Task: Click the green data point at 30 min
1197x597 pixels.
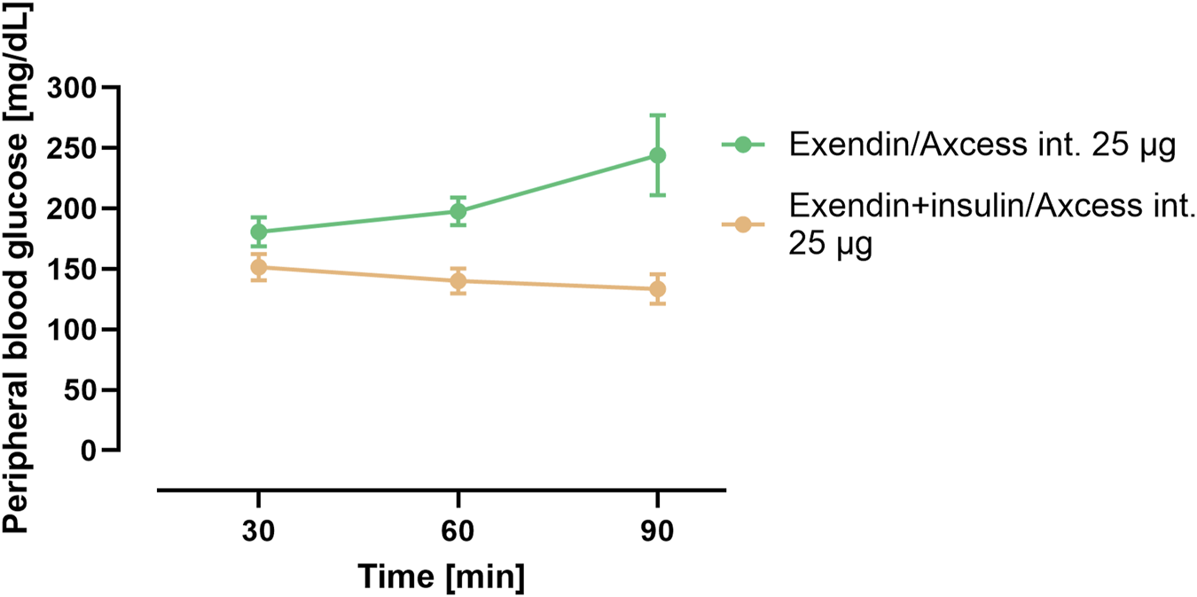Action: click(259, 232)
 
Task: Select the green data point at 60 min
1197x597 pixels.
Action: click(458, 211)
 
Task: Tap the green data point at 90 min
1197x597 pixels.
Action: click(657, 155)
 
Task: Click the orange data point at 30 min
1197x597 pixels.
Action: click(259, 267)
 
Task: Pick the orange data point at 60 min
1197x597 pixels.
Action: click(458, 281)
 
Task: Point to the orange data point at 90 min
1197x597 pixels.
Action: click(657, 288)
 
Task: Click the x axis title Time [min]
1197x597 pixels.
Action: click(441, 577)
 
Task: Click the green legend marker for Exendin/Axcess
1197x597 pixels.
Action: click(743, 145)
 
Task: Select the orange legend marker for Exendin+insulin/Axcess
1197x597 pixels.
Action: click(743, 225)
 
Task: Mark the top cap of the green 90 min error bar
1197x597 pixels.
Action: click(657, 114)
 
